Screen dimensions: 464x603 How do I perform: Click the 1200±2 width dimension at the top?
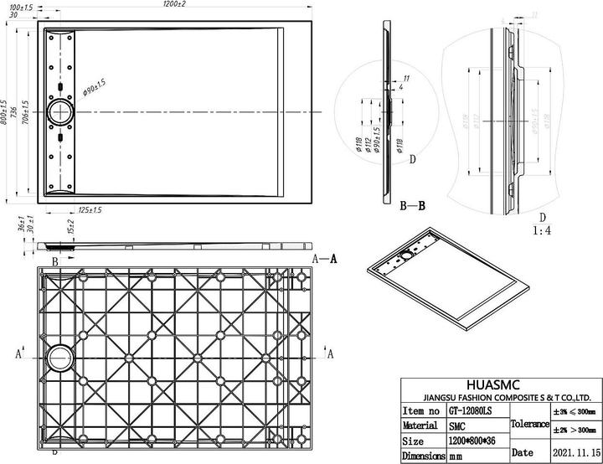(174, 5)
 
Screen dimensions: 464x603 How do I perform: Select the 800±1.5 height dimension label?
(5, 112)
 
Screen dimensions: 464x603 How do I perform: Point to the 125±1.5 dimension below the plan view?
(90, 209)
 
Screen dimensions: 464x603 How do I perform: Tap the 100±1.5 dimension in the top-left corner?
(20, 7)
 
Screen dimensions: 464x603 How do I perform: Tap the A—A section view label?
(325, 259)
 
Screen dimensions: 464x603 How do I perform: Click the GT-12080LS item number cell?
(470, 411)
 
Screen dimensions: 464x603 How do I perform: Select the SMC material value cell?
(457, 426)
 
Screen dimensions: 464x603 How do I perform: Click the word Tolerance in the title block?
(528, 425)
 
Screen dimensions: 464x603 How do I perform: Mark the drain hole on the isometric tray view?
(408, 253)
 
